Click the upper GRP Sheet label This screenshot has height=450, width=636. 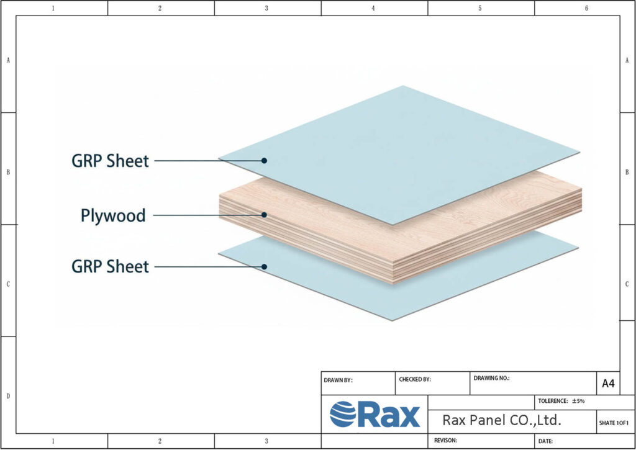111,161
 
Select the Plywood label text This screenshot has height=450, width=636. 113,215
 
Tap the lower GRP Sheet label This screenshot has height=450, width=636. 111,266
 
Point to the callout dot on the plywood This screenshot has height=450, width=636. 264,215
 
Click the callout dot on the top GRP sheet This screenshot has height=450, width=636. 264,160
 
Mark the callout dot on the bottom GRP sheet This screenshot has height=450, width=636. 264,266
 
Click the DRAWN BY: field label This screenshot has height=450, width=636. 338,380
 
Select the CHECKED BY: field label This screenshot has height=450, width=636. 414,379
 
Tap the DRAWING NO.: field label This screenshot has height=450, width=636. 491,377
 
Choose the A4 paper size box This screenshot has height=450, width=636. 608,384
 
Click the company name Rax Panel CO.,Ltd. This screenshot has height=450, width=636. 502,420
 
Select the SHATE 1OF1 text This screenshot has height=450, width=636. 614,423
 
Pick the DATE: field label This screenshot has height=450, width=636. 545,441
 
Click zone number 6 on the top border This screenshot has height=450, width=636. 586,8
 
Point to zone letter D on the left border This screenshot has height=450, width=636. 7,395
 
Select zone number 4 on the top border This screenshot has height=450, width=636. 373,8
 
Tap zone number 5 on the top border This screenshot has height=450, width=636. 480,8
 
